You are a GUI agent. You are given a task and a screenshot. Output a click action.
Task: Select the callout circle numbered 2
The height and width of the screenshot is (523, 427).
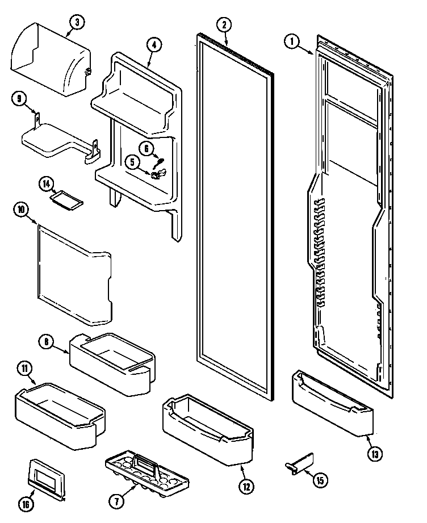[224, 24]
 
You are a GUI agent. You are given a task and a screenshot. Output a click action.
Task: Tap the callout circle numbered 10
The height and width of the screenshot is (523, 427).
[20, 210]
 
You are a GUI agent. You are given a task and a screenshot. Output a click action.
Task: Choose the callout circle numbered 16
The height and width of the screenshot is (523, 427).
[27, 503]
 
